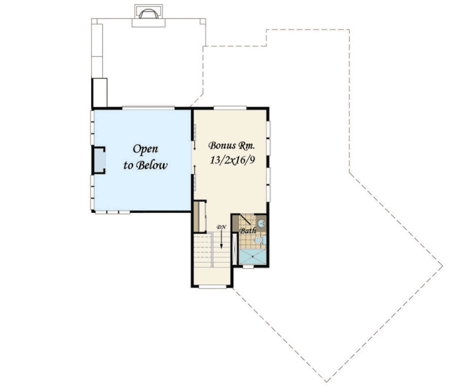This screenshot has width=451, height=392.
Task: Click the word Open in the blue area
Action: coord(145,149)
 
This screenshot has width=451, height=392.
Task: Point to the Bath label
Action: coord(248,231)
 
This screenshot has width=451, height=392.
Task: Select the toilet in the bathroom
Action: coord(258,240)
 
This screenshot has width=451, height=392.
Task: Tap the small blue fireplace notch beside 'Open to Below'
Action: coord(99,159)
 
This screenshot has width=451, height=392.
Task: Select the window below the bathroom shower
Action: coord(249,267)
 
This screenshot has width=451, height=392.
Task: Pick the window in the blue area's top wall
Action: coord(148,107)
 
